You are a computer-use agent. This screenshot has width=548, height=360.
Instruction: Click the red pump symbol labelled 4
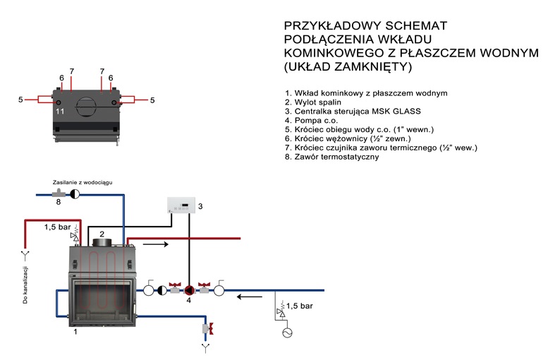click(188, 289)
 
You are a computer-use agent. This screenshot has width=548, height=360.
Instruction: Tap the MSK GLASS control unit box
click(182, 205)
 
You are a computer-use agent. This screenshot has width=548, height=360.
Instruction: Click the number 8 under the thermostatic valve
click(59, 202)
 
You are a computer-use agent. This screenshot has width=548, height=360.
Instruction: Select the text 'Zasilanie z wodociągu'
click(83, 182)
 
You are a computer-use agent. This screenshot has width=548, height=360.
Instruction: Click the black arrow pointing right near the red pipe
click(155, 245)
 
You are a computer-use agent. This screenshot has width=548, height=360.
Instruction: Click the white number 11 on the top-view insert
click(60, 112)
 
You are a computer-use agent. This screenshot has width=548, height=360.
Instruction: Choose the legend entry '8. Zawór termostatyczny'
click(332, 157)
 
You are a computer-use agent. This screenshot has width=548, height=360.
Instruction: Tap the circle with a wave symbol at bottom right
click(287, 332)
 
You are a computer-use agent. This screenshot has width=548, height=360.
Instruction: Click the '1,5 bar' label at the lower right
click(299, 306)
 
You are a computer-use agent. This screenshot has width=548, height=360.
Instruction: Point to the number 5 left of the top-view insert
click(20, 100)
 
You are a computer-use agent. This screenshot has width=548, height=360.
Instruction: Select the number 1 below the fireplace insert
click(75, 339)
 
